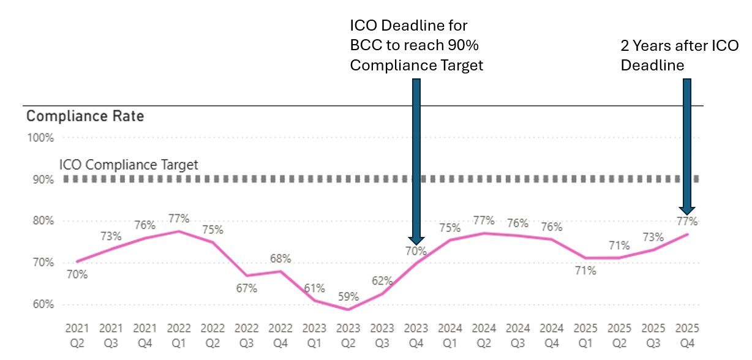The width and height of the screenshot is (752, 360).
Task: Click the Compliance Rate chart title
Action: (x=85, y=116)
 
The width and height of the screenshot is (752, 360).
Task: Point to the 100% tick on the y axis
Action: (x=40, y=138)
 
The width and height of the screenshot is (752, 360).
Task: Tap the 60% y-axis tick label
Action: (x=40, y=304)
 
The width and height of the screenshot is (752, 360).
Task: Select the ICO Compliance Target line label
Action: (x=129, y=165)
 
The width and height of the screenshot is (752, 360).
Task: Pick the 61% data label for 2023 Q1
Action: (x=314, y=288)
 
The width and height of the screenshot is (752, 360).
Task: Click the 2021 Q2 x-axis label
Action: (x=77, y=336)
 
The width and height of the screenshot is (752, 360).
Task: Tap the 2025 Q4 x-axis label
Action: (x=687, y=336)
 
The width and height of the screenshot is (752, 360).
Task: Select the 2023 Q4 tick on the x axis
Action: (x=416, y=336)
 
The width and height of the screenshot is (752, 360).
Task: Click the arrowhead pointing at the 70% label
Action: (x=416, y=239)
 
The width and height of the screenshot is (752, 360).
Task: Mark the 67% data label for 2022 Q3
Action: (x=247, y=288)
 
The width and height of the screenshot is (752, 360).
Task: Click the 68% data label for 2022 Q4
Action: (x=280, y=258)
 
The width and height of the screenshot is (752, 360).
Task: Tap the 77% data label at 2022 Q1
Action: (x=179, y=218)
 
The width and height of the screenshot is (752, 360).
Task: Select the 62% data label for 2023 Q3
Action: (x=382, y=281)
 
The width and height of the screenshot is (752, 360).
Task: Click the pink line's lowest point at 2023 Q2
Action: (x=348, y=309)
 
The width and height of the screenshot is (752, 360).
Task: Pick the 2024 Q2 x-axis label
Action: (x=484, y=336)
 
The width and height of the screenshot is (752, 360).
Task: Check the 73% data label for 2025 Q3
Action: (x=653, y=237)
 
